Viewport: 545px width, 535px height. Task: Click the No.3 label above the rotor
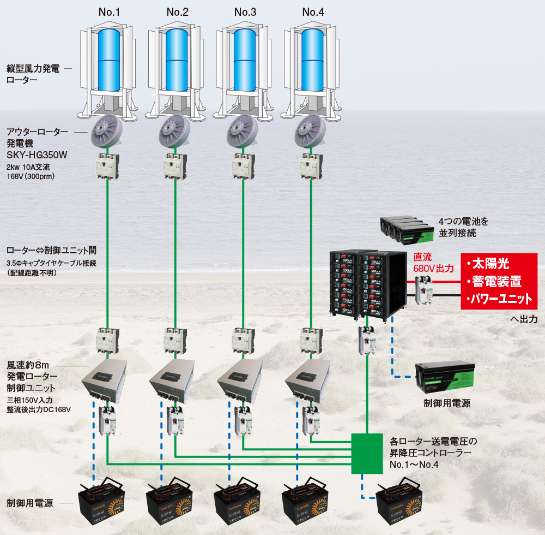[245, 11]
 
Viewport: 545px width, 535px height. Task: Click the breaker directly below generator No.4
[311, 166]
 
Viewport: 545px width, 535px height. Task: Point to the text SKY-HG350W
[38, 155]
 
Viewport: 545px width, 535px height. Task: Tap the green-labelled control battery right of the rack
[444, 377]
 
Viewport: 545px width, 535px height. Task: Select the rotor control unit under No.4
[308, 379]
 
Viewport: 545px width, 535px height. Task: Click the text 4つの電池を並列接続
[465, 228]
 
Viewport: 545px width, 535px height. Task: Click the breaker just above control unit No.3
[243, 340]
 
